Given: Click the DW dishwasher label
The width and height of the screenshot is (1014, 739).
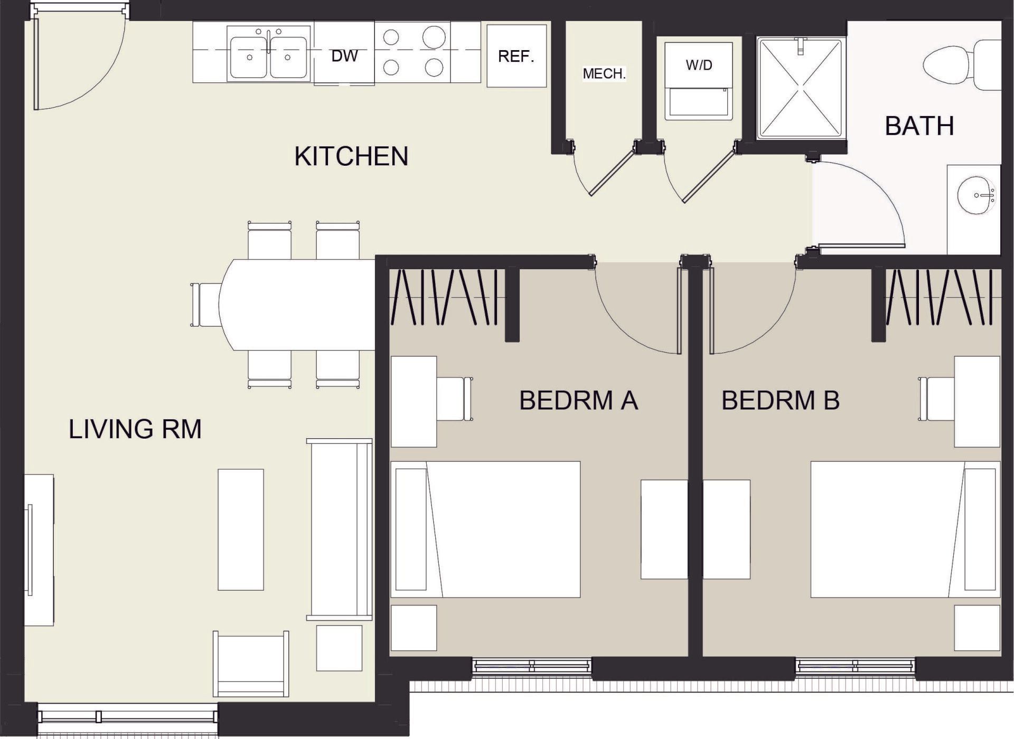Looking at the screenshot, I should pyautogui.click(x=344, y=55).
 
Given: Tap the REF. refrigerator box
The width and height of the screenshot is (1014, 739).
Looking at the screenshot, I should pyautogui.click(x=516, y=56).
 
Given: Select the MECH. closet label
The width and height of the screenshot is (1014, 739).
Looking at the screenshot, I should pyautogui.click(x=604, y=73).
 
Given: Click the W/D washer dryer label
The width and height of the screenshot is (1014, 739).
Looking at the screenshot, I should pyautogui.click(x=699, y=65).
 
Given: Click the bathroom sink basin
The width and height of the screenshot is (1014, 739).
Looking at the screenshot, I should pyautogui.click(x=974, y=195).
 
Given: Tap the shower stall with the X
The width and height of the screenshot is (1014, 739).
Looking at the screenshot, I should pyautogui.click(x=800, y=88).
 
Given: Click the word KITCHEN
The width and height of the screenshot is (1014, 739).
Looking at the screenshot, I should pyautogui.click(x=351, y=156).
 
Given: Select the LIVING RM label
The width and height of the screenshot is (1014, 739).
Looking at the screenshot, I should pyautogui.click(x=135, y=429).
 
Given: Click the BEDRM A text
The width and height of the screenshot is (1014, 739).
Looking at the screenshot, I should pyautogui.click(x=578, y=400).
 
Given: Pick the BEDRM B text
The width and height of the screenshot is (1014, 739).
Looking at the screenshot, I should pyautogui.click(x=780, y=400).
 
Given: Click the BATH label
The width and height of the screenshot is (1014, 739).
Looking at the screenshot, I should pyautogui.click(x=919, y=126).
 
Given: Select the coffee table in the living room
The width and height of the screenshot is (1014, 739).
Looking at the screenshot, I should pyautogui.click(x=241, y=529).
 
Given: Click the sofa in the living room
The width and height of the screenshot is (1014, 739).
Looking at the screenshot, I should pyautogui.click(x=340, y=529).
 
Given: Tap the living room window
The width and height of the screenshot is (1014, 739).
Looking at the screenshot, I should pyautogui.click(x=127, y=716).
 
